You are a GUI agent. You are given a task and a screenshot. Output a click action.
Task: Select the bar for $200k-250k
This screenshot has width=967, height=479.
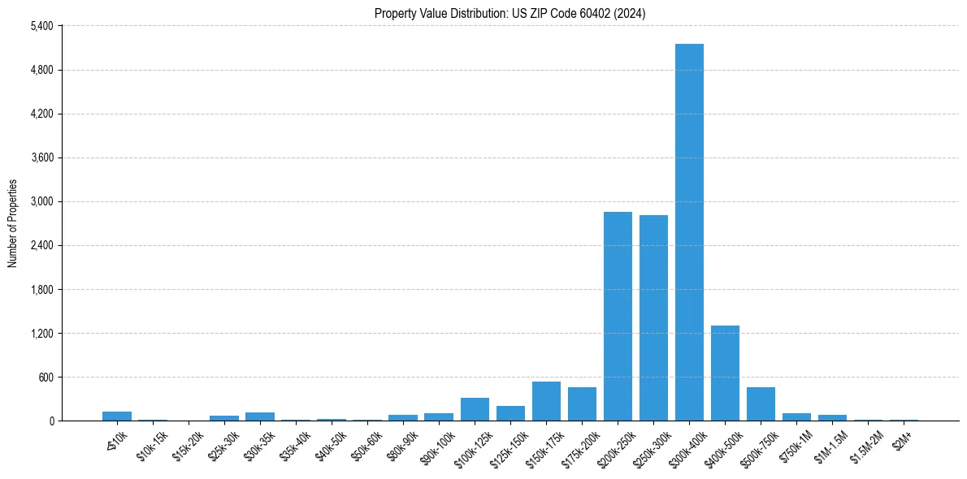click(618, 317)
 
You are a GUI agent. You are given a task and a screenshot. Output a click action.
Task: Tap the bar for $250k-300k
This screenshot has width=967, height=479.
click(653, 318)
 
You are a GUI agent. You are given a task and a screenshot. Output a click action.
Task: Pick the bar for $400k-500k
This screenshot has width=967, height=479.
click(725, 373)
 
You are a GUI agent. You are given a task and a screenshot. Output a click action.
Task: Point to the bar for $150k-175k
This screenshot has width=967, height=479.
click(546, 402)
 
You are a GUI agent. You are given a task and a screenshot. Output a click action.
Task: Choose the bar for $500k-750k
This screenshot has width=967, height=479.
click(761, 404)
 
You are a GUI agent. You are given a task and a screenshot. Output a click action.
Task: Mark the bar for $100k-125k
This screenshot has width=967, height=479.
click(475, 410)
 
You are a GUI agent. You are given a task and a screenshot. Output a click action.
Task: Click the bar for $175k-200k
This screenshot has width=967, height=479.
click(582, 404)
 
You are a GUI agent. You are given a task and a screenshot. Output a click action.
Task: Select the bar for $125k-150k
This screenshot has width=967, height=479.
click(510, 414)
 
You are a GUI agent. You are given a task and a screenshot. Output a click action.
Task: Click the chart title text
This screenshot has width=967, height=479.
click(510, 14)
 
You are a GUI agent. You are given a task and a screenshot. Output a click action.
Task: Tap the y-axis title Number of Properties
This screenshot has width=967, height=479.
click(13, 223)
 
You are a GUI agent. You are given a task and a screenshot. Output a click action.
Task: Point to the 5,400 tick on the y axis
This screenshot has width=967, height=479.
click(41, 26)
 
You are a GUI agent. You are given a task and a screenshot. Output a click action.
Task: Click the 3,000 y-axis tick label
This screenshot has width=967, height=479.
click(41, 201)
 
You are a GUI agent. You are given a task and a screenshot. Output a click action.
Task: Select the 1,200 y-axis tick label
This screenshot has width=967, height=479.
click(41, 334)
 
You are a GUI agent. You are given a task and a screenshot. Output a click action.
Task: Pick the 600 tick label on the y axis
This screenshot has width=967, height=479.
click(45, 378)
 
